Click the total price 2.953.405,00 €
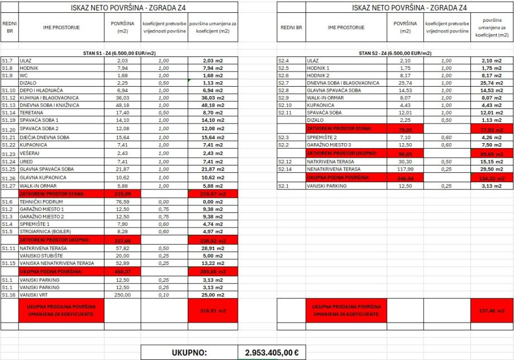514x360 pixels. pos(272,353)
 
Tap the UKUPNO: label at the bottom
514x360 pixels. pos(189,353)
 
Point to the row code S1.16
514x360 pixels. pos(8,295)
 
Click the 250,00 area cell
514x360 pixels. pos(122,295)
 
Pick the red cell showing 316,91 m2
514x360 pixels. pos(213,310)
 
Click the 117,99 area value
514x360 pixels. pos(404,169)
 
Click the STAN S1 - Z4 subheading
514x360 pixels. pos(119,53)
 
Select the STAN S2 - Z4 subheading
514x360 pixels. pos(395,53)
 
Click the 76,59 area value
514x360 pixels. pos(122,201)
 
